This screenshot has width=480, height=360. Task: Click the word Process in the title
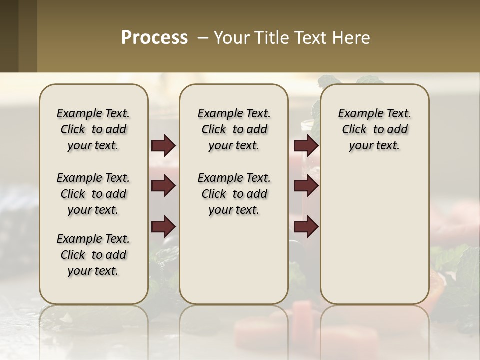click(154, 38)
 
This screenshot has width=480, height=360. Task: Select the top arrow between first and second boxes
click(164, 146)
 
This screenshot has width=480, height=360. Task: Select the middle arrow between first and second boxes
click(164, 186)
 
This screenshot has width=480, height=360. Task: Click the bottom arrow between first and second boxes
click(164, 227)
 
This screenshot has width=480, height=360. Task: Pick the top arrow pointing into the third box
click(306, 146)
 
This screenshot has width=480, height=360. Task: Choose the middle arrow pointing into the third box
click(306, 186)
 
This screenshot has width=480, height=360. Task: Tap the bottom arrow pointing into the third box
click(306, 227)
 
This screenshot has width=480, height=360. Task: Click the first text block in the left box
click(93, 129)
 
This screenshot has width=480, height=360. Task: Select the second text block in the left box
click(93, 194)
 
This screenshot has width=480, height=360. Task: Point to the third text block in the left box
click(93, 255)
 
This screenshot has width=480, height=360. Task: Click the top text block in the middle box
click(234, 129)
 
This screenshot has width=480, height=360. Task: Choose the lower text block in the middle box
click(234, 194)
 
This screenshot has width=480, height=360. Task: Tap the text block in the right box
click(375, 129)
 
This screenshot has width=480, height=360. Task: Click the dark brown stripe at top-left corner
click(9, 36)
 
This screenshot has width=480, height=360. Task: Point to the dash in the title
click(203, 38)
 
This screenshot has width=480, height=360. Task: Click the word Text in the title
click(309, 38)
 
